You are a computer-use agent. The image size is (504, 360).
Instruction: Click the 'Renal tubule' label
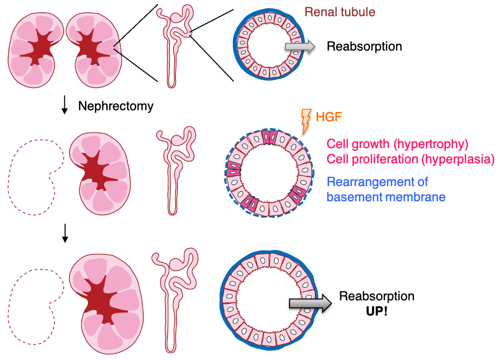340,12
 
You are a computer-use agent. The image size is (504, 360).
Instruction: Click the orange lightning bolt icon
305,121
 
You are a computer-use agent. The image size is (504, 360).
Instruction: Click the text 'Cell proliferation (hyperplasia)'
410,159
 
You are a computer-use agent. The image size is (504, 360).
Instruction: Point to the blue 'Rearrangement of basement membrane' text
386,189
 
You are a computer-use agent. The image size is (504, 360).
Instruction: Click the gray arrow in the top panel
300,47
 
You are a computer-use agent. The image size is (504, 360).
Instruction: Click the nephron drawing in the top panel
175,46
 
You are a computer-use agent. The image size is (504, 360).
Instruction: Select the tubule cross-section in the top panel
268,46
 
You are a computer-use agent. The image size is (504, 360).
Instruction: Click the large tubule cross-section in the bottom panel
268,301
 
